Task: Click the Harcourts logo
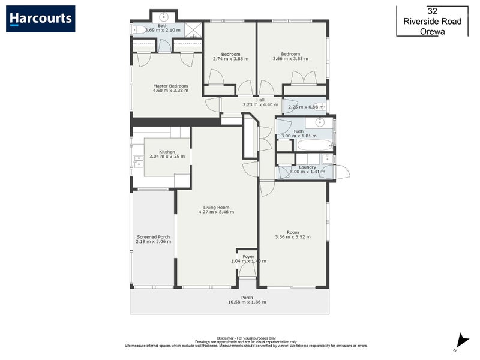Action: [41, 19]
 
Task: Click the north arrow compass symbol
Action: [458, 341]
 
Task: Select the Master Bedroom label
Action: [170, 86]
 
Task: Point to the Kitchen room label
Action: [167, 152]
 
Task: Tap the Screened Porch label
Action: [154, 236]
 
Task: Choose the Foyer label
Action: [248, 256]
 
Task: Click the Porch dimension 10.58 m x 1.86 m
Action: [247, 302]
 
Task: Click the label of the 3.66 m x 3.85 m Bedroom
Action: [290, 54]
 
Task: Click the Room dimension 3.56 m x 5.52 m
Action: [293, 237]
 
